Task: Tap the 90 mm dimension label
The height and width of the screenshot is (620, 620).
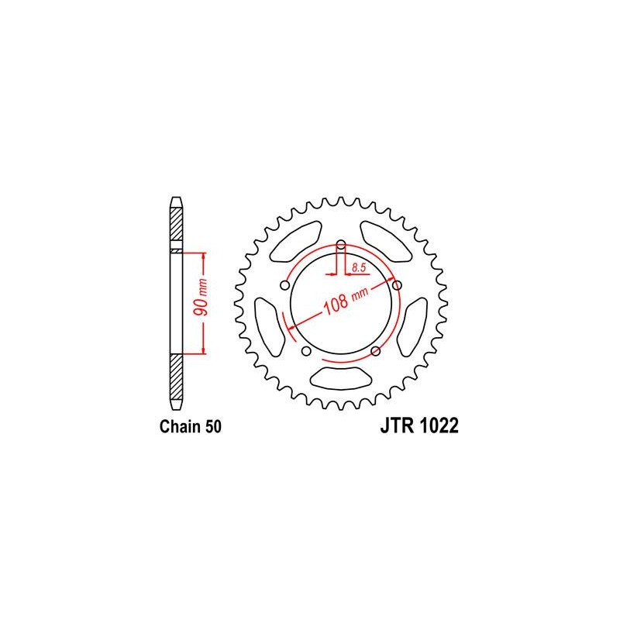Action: pyautogui.click(x=201, y=298)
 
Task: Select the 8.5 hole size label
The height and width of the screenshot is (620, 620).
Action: pyautogui.click(x=359, y=268)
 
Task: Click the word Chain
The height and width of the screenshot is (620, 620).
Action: pyautogui.click(x=180, y=427)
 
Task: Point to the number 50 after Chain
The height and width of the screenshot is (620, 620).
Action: pyautogui.click(x=213, y=427)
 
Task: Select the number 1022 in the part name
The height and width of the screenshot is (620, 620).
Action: pyautogui.click(x=439, y=425)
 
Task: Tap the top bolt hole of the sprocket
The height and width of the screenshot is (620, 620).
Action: pyautogui.click(x=341, y=243)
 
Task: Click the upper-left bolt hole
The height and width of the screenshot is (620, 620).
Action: pyautogui.click(x=284, y=285)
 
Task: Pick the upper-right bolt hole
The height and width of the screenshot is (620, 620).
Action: pyautogui.click(x=397, y=285)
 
